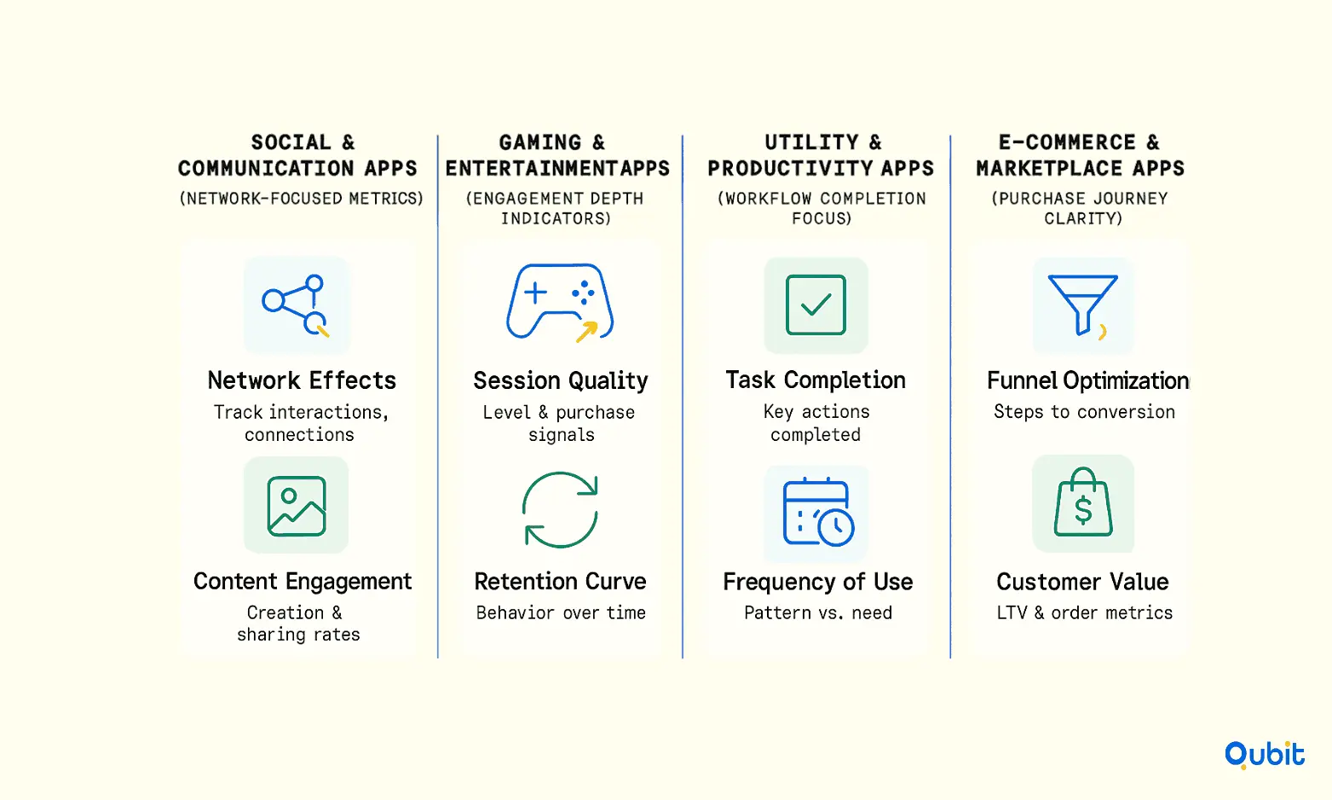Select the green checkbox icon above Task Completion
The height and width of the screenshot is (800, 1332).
(x=816, y=304)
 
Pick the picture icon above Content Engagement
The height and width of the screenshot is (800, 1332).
(x=297, y=506)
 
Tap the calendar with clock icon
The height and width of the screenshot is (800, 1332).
(x=818, y=513)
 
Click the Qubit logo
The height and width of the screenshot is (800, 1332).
(x=1265, y=755)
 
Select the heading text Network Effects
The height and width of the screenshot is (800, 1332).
(x=302, y=380)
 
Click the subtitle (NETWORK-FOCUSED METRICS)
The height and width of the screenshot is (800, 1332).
(x=302, y=198)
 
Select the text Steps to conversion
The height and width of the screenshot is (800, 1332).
(x=1085, y=412)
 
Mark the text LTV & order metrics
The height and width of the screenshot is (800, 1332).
(x=1085, y=613)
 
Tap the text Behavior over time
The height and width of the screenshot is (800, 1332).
(x=561, y=613)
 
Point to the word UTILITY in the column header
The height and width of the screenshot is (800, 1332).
(x=811, y=143)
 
